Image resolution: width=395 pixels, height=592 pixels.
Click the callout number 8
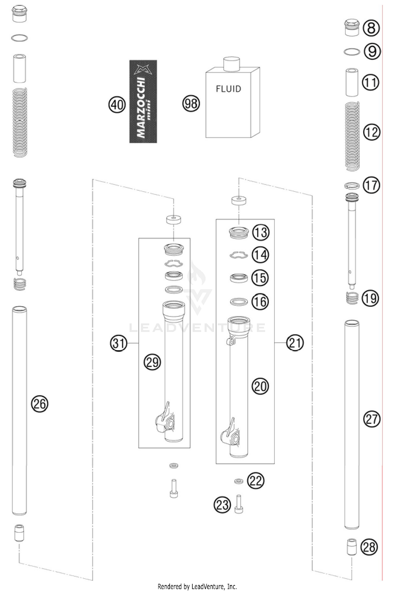coord(371,28)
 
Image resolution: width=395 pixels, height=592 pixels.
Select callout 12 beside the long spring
coord(372,132)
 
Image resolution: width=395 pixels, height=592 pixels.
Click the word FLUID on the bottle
coord(228,89)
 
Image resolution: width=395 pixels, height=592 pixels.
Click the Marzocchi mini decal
coord(143,102)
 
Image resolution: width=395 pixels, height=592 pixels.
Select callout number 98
coord(191,103)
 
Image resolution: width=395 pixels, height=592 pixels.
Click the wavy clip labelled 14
coord(239,255)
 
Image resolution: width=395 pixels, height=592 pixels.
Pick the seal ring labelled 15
coord(239,278)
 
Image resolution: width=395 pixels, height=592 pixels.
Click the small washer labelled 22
coord(239,481)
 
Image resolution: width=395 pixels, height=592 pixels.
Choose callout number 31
coord(118,343)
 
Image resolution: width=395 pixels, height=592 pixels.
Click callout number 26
coord(40,403)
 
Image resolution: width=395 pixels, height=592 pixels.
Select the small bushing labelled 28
coord(352,547)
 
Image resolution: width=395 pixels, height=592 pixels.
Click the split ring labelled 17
coord(352,186)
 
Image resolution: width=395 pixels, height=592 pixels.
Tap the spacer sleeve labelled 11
coord(352,82)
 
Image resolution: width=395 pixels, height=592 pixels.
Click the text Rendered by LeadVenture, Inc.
coord(197,586)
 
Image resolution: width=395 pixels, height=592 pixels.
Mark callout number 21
coord(295,343)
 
